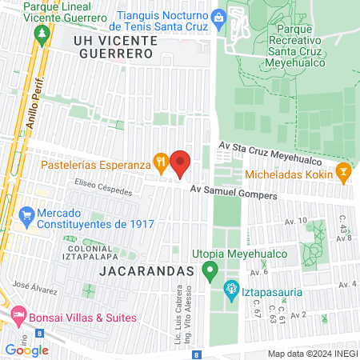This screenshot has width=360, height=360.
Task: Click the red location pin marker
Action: (181, 163)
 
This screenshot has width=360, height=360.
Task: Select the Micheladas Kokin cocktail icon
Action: (343, 171)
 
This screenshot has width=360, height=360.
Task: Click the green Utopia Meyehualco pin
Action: (210, 272)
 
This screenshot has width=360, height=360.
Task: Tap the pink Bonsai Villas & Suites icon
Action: (18, 317)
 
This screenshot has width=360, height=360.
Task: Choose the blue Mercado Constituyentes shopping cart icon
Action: (26, 215)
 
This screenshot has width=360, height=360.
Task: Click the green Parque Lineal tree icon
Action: (42, 35)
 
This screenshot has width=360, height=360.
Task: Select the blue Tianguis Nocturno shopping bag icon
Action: (218, 16)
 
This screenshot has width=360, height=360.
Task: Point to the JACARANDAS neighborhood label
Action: (147, 271)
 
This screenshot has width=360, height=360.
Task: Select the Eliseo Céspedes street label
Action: (83, 182)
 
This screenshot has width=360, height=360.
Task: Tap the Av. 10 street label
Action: (295, 220)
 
